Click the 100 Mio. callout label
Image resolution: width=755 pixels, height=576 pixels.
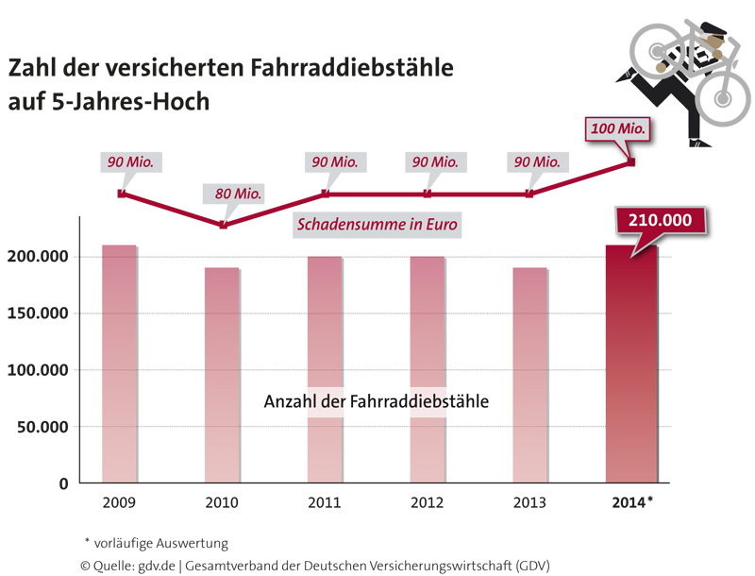click(620, 127)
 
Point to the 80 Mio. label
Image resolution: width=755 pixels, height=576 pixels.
click(237, 194)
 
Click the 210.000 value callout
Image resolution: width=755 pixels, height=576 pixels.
click(661, 222)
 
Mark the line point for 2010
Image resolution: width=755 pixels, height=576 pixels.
click(223, 225)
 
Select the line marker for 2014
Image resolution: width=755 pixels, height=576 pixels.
click(631, 162)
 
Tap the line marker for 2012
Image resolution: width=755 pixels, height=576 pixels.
click(428, 195)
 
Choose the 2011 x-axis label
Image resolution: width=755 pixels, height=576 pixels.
click(326, 502)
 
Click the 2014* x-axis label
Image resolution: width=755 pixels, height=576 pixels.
click(628, 502)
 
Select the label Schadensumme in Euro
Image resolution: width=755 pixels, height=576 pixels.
click(377, 225)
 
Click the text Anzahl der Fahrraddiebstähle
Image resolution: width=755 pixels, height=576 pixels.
click(377, 400)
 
